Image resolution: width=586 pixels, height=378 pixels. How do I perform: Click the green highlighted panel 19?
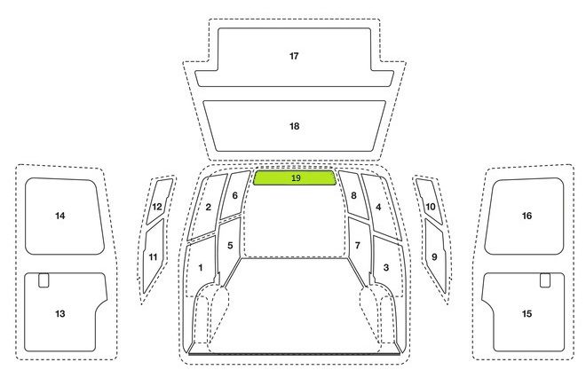coord(295,177)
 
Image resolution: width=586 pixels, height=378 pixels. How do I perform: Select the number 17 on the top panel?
coord(294,56)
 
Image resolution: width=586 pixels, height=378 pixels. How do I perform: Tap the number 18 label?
coord(295,126)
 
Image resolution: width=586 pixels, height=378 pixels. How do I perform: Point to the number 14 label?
coord(60,216)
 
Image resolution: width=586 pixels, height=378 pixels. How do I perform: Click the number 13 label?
coord(60,313)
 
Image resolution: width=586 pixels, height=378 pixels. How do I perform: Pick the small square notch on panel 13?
coord(44,280)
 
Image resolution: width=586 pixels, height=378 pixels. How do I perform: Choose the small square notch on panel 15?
coord(545,280)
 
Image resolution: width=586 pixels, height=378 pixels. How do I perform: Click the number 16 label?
coord(527,216)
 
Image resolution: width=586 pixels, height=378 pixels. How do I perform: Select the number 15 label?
coord(527,313)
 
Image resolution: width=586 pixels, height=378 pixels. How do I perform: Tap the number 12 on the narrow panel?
coord(157,207)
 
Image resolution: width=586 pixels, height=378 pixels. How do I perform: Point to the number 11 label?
coord(153,257)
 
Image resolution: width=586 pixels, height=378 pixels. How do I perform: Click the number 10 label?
coord(431,207)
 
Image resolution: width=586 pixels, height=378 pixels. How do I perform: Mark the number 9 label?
coord(434,257)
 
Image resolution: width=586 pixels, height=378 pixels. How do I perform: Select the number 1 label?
coord(201,267)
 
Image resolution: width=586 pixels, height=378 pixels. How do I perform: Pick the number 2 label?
coord(208,207)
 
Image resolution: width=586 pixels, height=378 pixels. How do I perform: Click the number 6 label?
coord(234,195)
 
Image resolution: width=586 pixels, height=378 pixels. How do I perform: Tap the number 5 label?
coord(230,246)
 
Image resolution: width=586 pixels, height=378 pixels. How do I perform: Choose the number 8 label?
coord(353,195)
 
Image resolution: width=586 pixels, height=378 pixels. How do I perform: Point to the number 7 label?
coord(358,246)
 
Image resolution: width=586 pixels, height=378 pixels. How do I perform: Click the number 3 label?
coord(386,267)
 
